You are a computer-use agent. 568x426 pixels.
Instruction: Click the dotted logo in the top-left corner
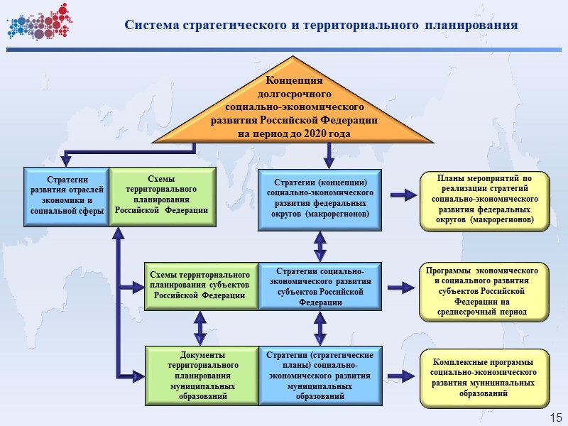[38, 22]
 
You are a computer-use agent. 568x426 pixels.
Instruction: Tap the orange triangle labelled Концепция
[294, 106]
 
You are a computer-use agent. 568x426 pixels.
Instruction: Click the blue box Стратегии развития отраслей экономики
[66, 196]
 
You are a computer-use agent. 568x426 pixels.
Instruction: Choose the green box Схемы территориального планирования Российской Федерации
[161, 196]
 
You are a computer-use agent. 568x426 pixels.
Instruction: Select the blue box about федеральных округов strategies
[320, 199]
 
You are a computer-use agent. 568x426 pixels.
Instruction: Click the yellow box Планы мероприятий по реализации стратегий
[485, 201]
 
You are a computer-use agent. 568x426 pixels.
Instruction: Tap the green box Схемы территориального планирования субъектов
[201, 285]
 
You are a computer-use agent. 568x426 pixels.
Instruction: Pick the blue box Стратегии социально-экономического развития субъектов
[320, 285]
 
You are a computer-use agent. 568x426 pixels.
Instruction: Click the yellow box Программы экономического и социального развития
[485, 291]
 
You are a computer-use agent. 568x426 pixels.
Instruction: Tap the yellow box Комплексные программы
[485, 378]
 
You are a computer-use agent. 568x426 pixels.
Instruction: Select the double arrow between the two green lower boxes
[201, 328]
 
